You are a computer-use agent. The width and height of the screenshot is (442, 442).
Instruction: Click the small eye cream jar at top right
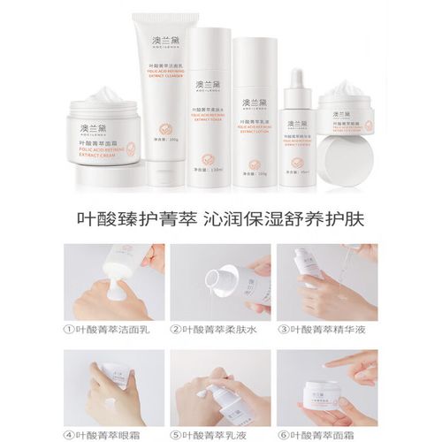347,110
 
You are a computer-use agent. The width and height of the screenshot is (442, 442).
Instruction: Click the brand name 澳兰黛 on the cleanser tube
160,43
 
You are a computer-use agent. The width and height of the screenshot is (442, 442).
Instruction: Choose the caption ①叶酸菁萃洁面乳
117,331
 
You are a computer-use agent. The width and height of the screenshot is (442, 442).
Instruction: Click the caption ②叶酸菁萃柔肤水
221,331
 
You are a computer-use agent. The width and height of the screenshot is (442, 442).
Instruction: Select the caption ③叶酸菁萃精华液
326,331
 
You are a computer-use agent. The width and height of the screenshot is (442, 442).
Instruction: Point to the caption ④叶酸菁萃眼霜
110,434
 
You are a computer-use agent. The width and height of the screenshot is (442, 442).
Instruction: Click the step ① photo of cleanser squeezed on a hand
114,282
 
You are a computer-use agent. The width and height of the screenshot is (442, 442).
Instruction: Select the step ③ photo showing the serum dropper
327,282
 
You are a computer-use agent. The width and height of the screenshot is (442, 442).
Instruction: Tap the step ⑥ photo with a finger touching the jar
327,386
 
